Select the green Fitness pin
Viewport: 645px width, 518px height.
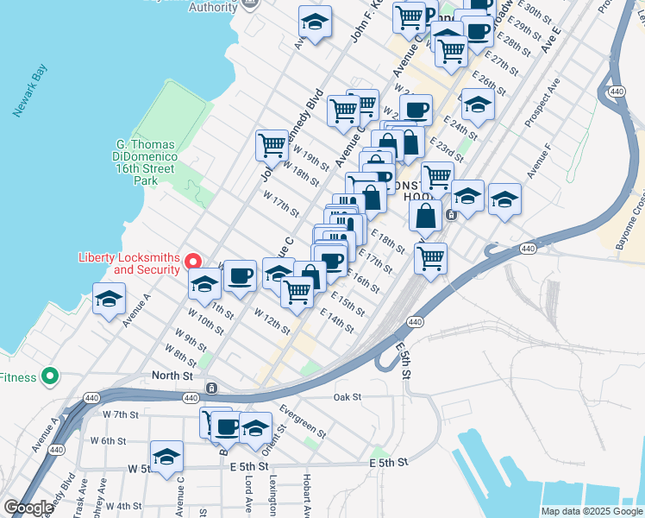click(50, 376)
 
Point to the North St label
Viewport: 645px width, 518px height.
click(172, 376)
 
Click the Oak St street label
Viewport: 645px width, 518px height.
click(347, 397)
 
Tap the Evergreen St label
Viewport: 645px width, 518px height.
click(303, 420)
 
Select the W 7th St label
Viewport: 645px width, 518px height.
click(121, 414)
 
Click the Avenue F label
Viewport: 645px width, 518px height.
click(542, 164)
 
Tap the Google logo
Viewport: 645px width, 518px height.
click(28, 508)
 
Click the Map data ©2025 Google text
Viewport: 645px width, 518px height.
click(591, 511)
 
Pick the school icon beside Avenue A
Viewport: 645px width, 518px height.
click(110, 299)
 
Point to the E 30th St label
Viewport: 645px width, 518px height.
click(535, 12)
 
